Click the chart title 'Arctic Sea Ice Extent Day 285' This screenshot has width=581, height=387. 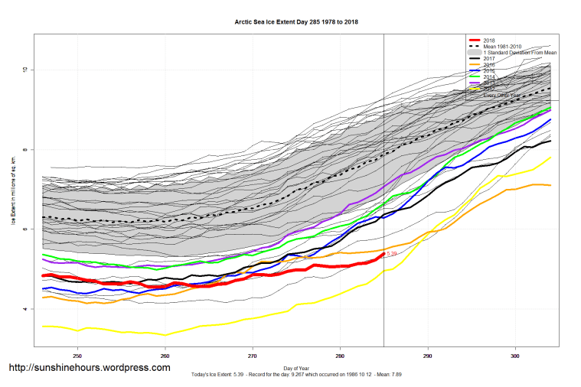point(296,22)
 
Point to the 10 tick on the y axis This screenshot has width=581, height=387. point(24,70)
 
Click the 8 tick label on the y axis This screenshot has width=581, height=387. point(24,150)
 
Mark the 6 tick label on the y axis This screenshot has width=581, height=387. point(24,229)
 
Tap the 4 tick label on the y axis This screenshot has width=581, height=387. point(24,309)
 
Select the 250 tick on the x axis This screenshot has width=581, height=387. point(77,356)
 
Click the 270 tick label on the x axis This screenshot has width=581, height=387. point(253,356)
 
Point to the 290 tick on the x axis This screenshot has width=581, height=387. point(428,356)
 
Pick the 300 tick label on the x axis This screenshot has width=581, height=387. point(515,356)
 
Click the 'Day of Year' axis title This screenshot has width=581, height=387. point(296,368)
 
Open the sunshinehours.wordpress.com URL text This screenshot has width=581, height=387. point(89,368)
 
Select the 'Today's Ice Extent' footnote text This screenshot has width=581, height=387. point(296,375)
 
